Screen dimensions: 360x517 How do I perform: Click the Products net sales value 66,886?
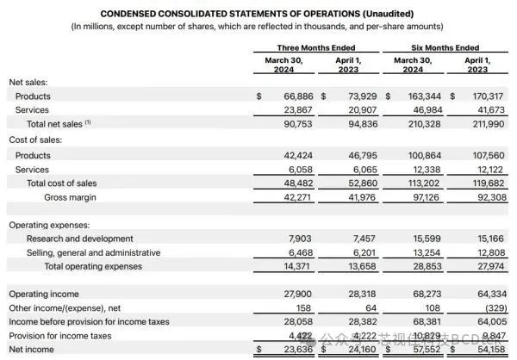[x=290, y=96]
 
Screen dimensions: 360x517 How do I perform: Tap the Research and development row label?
[x=79, y=239]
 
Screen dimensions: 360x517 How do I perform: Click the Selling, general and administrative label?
[x=93, y=252]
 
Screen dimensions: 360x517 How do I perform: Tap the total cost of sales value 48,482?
[x=290, y=183]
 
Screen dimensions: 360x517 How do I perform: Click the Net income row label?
[x=32, y=350]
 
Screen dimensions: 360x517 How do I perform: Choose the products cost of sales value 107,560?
[x=483, y=156]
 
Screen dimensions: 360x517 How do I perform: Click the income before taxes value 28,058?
[x=290, y=322]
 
